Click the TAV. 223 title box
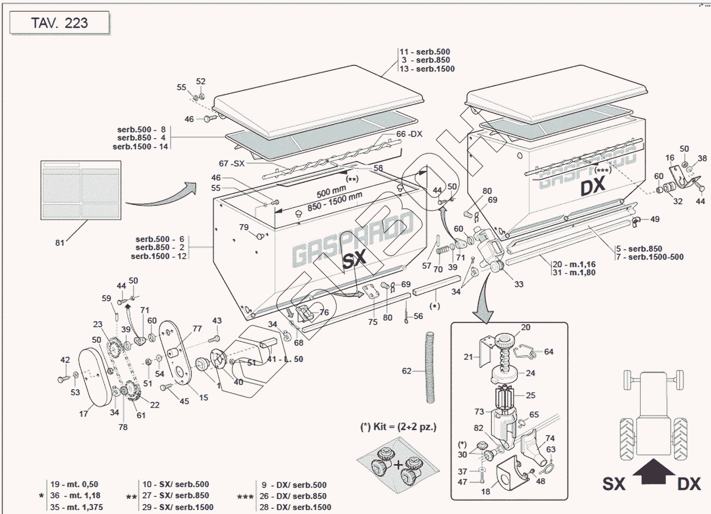59,23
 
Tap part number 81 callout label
60,243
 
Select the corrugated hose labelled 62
430,368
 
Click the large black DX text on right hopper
593,186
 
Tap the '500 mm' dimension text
331,192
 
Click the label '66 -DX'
409,134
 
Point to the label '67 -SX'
232,163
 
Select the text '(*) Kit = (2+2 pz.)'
398,427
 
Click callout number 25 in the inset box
531,395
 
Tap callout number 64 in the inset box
549,352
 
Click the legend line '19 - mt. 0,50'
74,484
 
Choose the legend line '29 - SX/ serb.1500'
178,507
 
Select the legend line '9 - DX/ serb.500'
294,485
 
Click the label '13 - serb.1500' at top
427,69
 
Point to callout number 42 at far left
65,360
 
